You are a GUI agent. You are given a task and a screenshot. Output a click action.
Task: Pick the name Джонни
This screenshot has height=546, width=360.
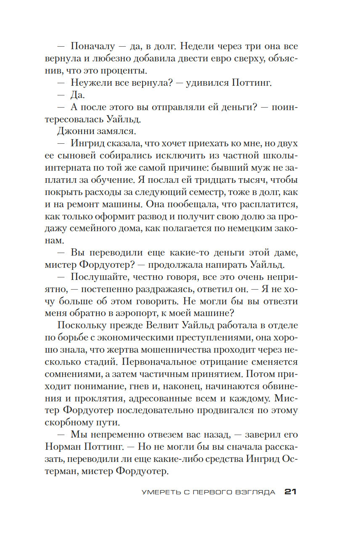pos(73,131)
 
